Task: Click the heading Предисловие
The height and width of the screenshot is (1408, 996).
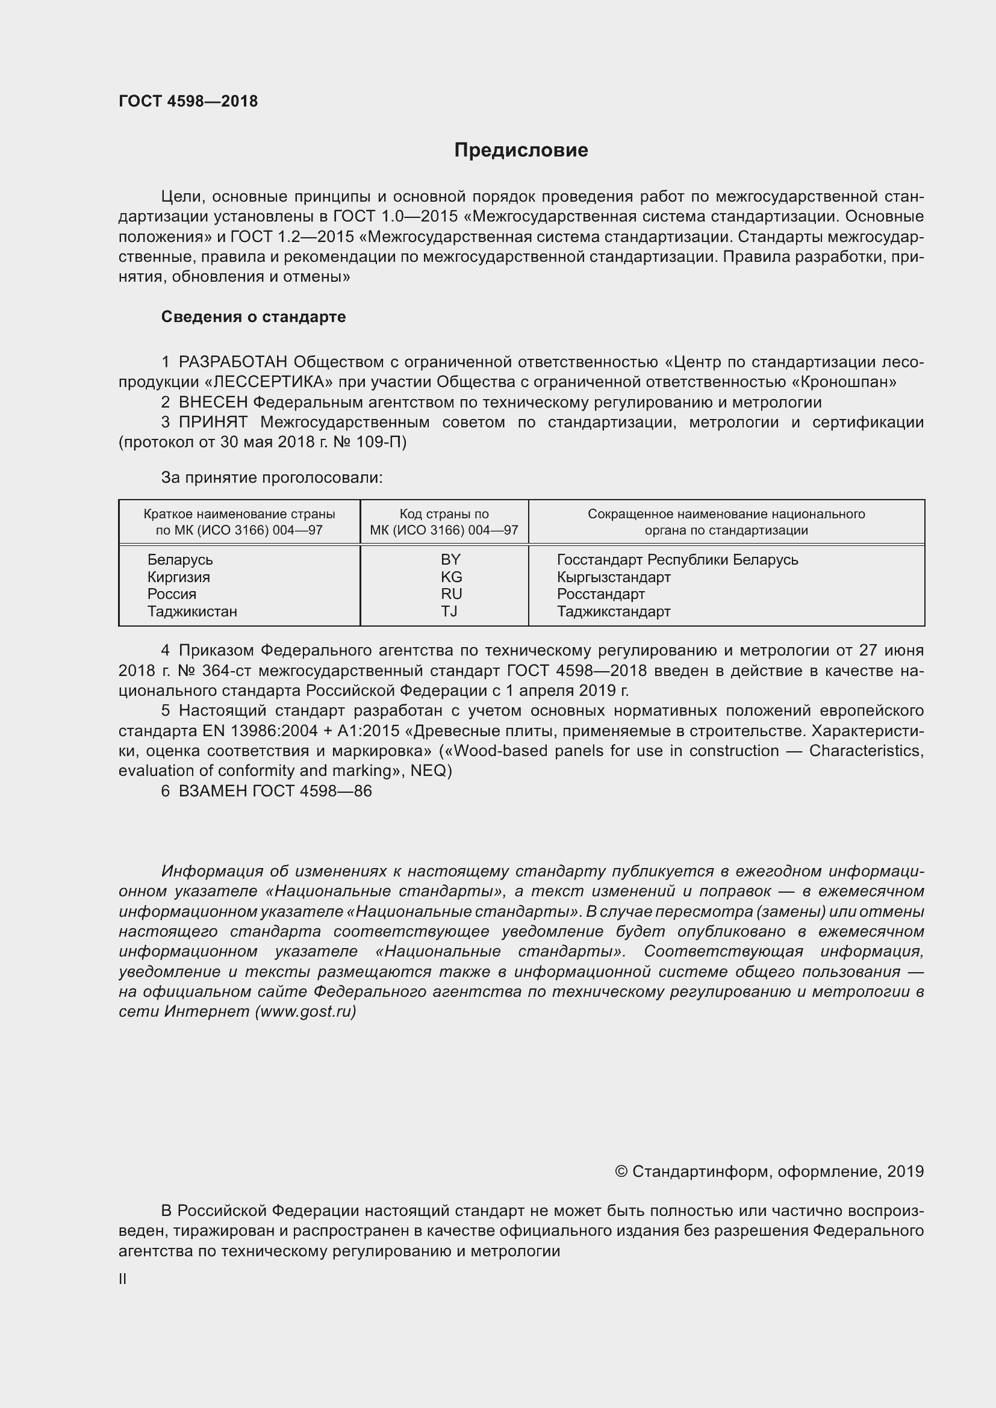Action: pyautogui.click(x=521, y=150)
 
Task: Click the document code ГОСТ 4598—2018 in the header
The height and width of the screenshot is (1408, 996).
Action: pyautogui.click(x=188, y=101)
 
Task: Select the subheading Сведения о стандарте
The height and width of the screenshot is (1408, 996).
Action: pyautogui.click(x=254, y=317)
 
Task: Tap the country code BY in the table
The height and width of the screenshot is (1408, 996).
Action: pyautogui.click(x=450, y=559)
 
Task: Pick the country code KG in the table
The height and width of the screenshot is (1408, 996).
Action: pyautogui.click(x=451, y=577)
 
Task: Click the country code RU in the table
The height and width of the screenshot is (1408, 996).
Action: pyautogui.click(x=451, y=594)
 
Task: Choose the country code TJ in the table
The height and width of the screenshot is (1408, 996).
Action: pyautogui.click(x=449, y=612)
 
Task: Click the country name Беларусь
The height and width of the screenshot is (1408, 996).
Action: pyautogui.click(x=179, y=559)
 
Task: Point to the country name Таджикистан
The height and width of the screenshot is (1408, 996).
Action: pyautogui.click(x=192, y=612)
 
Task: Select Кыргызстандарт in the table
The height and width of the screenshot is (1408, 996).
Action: pyautogui.click(x=613, y=577)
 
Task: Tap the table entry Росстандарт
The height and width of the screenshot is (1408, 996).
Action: pyautogui.click(x=600, y=594)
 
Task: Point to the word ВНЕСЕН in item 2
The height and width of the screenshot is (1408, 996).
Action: pyautogui.click(x=213, y=402)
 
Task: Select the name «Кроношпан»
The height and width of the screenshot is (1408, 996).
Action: pyautogui.click(x=844, y=382)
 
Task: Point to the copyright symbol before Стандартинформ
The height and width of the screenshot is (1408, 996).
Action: pyautogui.click(x=621, y=1172)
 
